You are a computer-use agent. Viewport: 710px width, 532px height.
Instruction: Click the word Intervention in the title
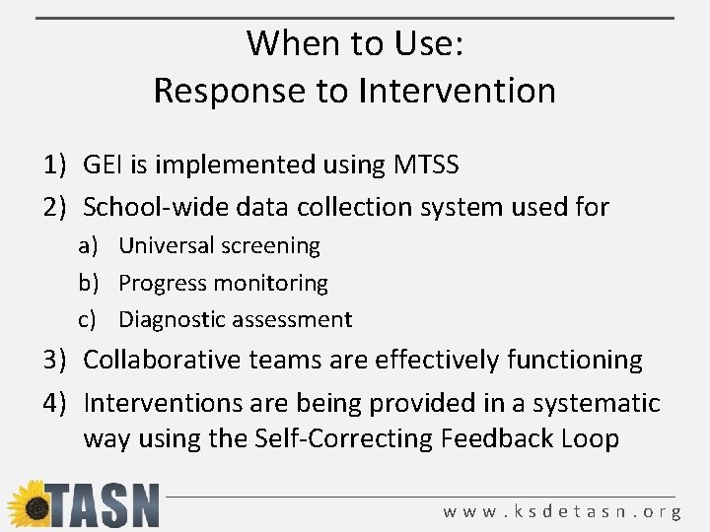[457, 91]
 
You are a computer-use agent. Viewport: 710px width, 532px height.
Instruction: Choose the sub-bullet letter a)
[90, 245]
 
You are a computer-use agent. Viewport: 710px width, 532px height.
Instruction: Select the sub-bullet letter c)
[90, 319]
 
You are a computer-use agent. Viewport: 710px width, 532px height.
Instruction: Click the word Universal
[163, 245]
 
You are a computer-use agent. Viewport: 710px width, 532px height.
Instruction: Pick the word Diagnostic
[172, 319]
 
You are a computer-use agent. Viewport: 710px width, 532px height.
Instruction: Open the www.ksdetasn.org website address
[561, 511]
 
